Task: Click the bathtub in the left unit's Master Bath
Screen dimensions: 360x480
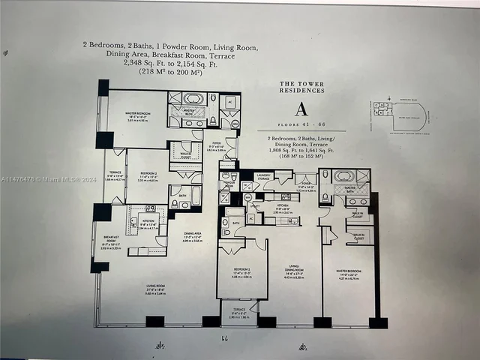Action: (x=193, y=99)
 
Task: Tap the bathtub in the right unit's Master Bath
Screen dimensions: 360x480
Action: (x=345, y=177)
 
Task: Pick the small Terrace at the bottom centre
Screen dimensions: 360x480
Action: (x=238, y=311)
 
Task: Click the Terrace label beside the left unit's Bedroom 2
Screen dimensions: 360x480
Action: (x=115, y=177)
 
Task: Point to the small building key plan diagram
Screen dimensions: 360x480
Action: (x=398, y=116)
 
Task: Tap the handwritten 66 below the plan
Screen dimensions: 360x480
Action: (x=222, y=340)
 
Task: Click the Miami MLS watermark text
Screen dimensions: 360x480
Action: (x=45, y=178)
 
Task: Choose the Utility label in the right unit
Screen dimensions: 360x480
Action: (x=255, y=205)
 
